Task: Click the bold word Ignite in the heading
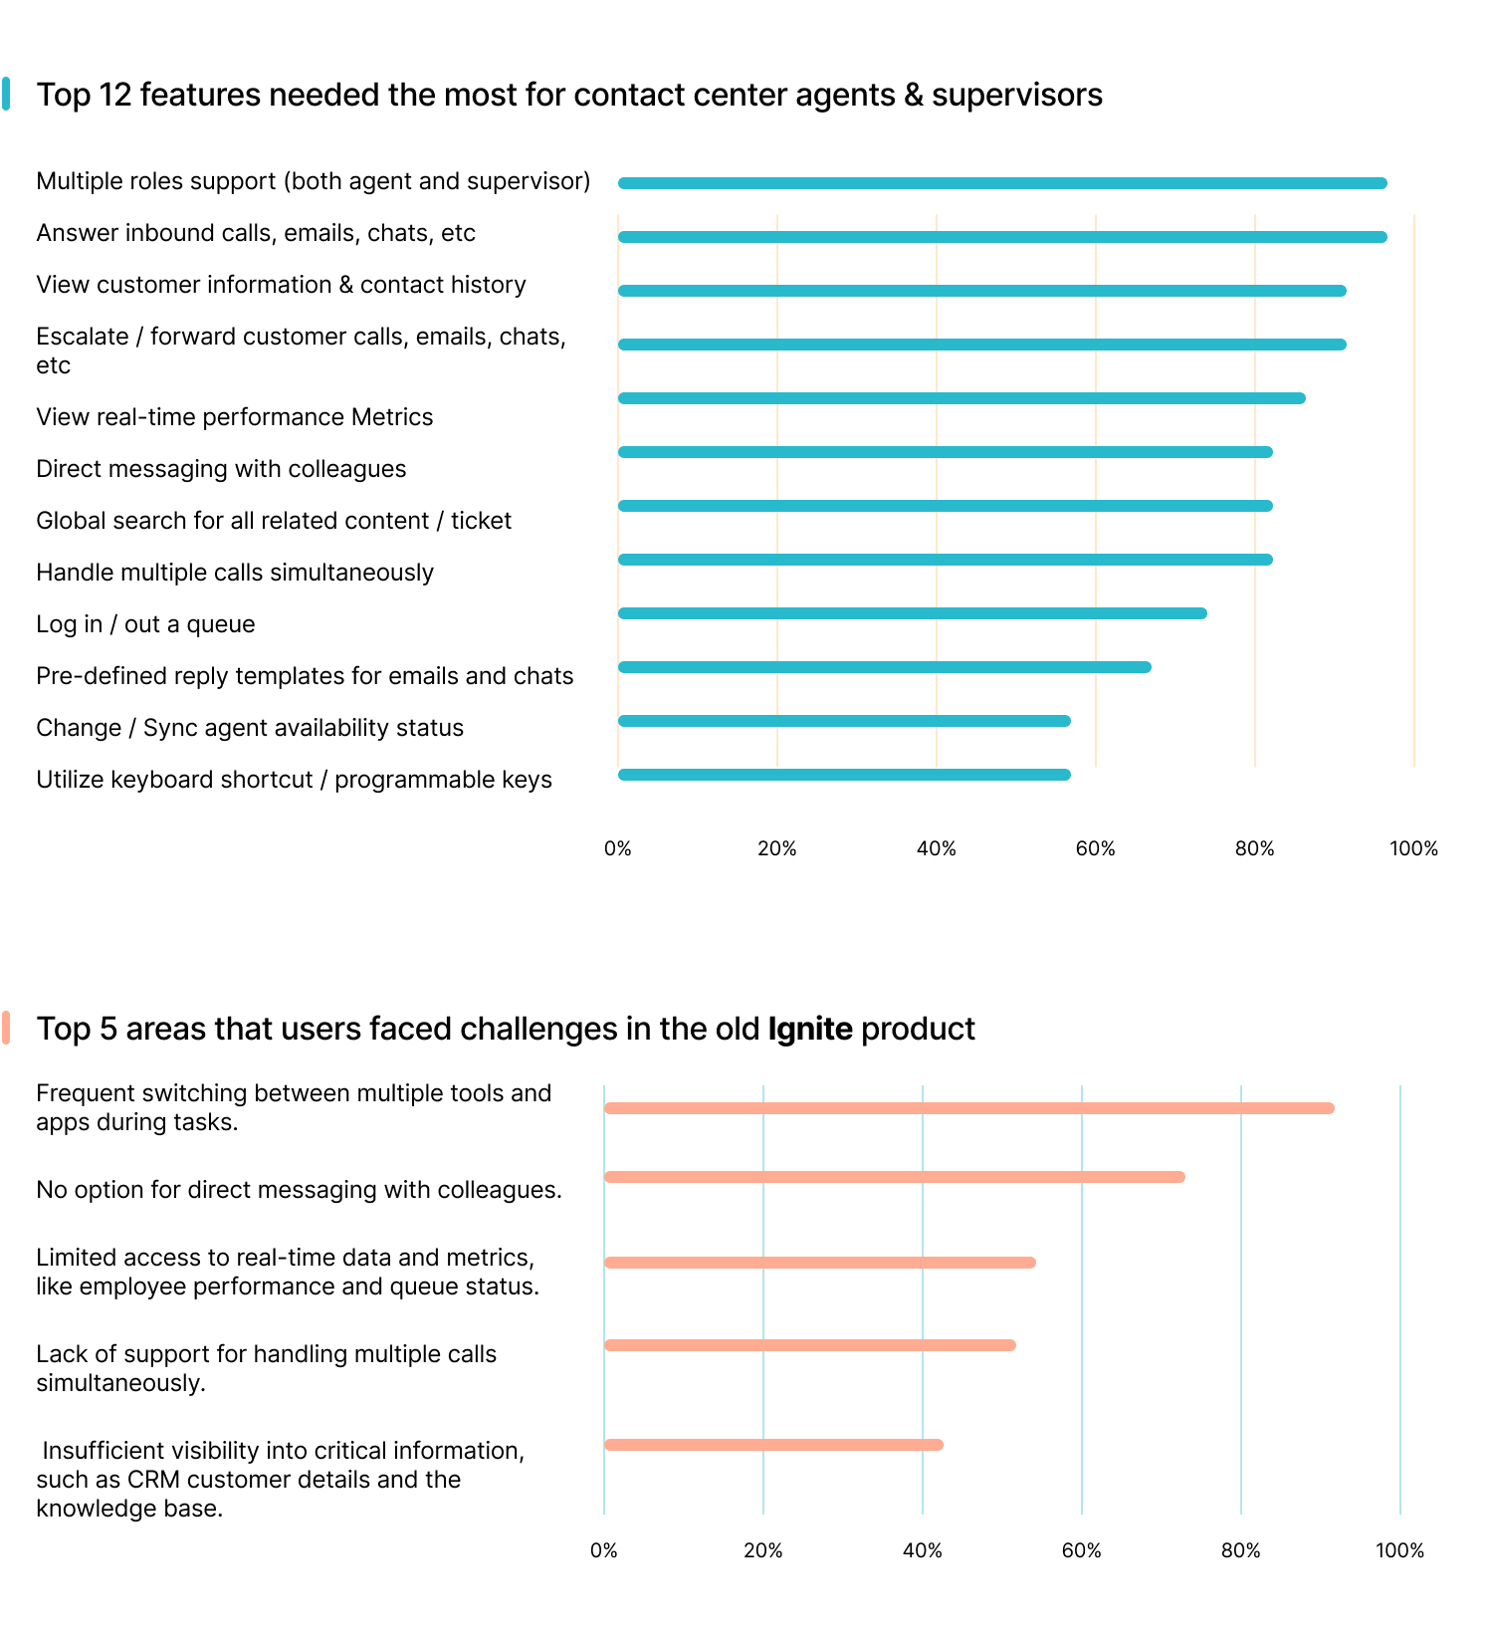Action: (809, 1029)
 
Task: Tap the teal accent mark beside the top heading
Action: (6, 95)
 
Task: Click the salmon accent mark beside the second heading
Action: (6, 1028)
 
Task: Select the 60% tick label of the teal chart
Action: (1095, 849)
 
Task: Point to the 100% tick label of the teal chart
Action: (1413, 849)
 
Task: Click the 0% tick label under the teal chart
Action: (617, 849)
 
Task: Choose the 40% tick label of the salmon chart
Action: (922, 1551)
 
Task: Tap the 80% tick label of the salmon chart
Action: (1240, 1551)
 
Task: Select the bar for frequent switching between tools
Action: (968, 1108)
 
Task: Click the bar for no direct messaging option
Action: (894, 1177)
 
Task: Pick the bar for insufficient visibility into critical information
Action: (773, 1445)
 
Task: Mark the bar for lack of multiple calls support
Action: (809, 1345)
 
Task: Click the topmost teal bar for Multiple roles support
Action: (1002, 183)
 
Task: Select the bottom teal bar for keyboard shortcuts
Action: (844, 775)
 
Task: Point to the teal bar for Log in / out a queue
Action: (912, 613)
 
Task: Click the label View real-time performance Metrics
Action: (235, 417)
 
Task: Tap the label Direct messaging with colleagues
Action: (221, 469)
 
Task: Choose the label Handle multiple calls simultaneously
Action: (235, 573)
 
